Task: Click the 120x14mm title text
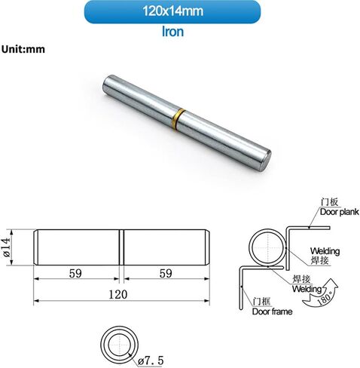[x=172, y=11]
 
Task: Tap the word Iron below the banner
[x=172, y=32]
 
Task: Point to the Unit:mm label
[x=23, y=49]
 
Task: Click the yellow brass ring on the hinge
[x=178, y=120]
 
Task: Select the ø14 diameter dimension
[x=7, y=247]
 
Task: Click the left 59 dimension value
[x=75, y=274]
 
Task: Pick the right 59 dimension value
[x=166, y=274]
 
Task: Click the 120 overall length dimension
[x=117, y=294]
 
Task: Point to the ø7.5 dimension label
[x=151, y=360]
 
